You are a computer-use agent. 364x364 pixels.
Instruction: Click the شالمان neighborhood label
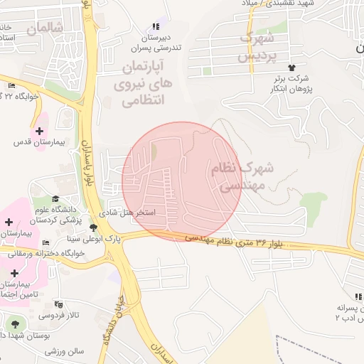[x=44, y=28]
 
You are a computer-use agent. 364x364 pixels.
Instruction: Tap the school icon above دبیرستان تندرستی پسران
[x=156, y=26]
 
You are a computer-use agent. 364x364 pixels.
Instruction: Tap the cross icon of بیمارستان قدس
[x=38, y=131]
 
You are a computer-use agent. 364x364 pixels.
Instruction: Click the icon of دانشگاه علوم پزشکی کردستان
[x=55, y=199]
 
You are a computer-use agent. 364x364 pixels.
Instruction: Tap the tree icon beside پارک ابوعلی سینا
[x=93, y=227]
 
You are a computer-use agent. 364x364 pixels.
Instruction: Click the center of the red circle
[x=182, y=181]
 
